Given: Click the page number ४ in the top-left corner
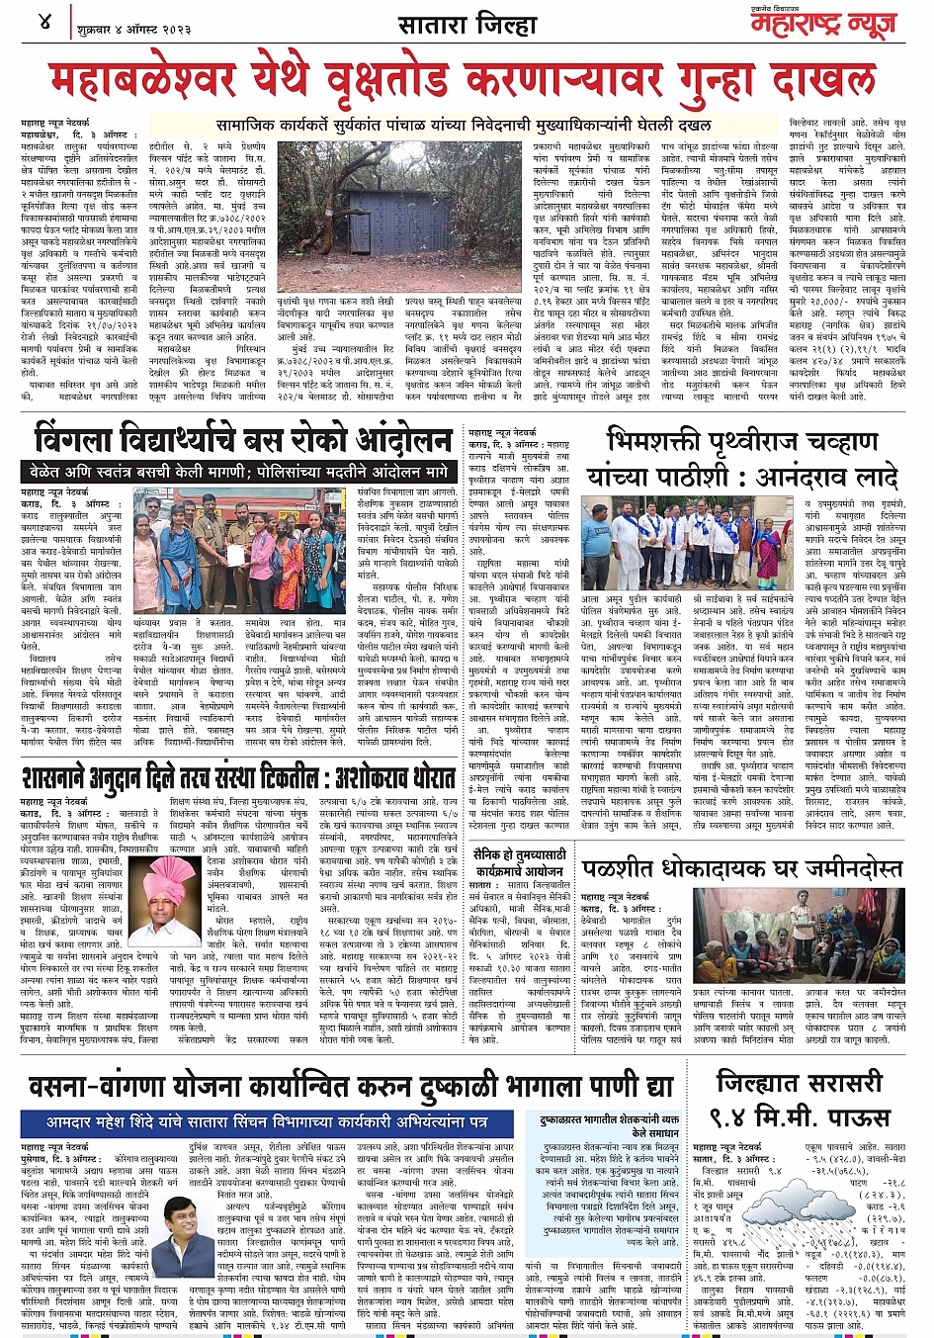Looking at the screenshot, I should [x=45, y=20].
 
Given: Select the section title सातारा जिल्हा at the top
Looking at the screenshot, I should [x=467, y=23].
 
